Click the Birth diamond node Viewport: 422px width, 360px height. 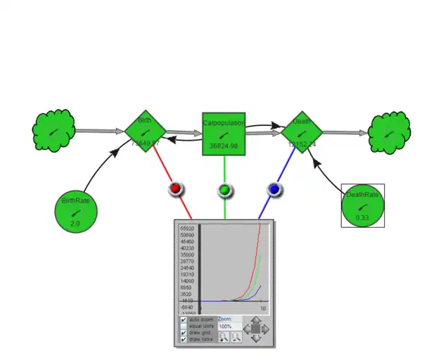pos(145,130)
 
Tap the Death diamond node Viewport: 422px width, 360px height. pos(302,131)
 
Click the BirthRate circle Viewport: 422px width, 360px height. pos(76,210)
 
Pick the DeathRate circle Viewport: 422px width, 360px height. pos(363,205)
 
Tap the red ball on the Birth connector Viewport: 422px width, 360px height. pos(176,189)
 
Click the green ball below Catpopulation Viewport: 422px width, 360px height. pos(224,190)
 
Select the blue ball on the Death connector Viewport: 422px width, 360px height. pos(274,189)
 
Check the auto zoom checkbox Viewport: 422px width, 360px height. pos(184,319)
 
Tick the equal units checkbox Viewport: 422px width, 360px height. pos(184,326)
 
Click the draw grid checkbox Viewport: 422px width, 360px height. pos(184,333)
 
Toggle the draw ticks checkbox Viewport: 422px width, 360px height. pos(184,340)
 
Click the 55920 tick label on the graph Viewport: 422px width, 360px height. pos(187,229)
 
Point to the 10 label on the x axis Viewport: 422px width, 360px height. pos(262,309)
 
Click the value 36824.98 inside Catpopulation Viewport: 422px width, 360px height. pos(224,146)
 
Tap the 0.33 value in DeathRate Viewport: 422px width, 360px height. pos(362,218)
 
